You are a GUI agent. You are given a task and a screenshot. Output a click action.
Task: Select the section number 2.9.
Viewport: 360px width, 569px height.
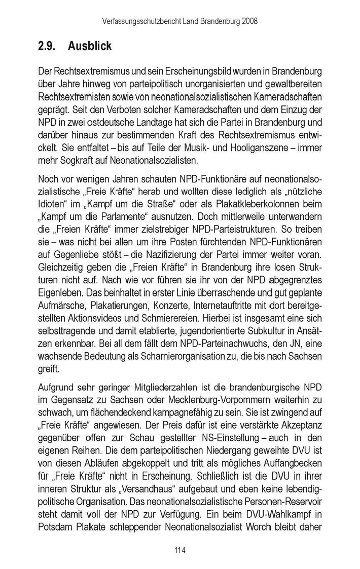pyautogui.click(x=48, y=46)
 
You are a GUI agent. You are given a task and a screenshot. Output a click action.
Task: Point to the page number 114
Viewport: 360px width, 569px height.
pyautogui.click(x=180, y=548)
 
